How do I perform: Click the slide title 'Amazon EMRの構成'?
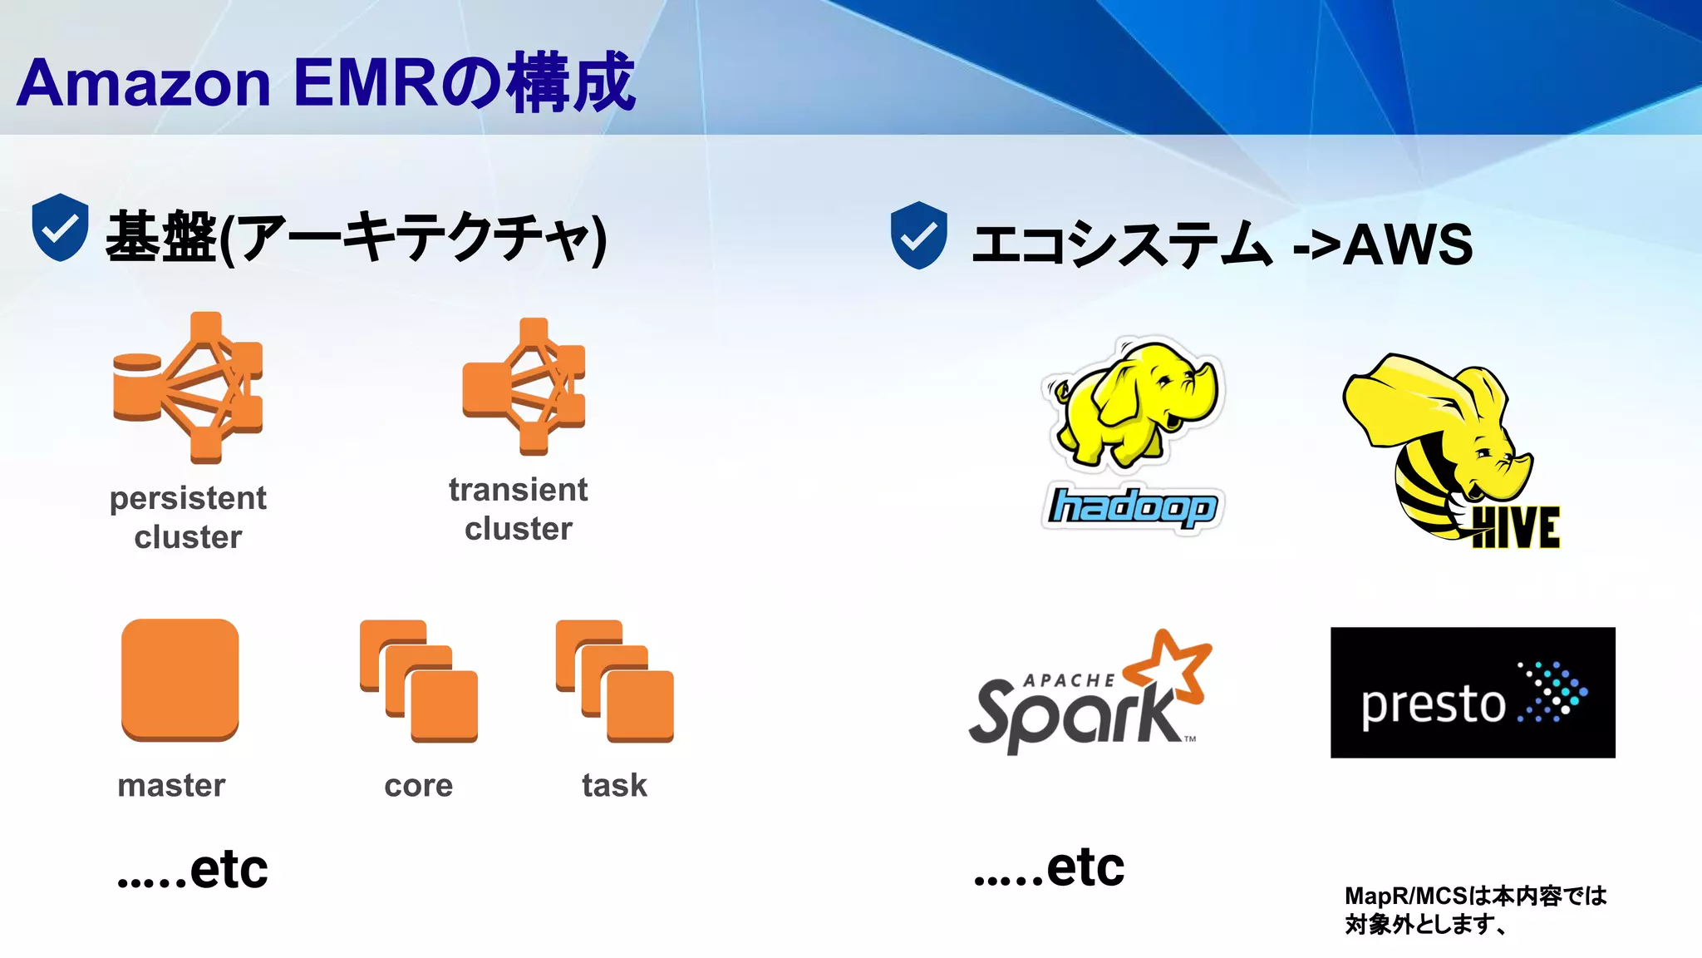(x=326, y=83)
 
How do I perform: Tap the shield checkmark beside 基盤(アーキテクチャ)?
(x=60, y=227)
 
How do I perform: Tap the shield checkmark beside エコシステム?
(x=918, y=235)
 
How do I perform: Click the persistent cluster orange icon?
(x=189, y=388)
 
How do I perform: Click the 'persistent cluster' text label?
(x=188, y=517)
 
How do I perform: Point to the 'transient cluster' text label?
(x=519, y=509)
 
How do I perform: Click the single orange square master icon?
(x=180, y=679)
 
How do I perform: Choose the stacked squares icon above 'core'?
(x=419, y=681)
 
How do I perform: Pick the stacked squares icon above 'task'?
(x=615, y=681)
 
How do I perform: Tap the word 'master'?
(x=171, y=786)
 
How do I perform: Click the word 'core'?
(x=419, y=786)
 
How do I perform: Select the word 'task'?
(x=614, y=786)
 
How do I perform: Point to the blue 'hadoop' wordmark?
(x=1132, y=507)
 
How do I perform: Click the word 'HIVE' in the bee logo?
(x=1515, y=528)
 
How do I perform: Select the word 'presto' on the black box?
(x=1433, y=705)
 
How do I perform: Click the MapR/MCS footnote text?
(x=1474, y=910)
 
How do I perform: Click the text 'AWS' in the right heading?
(x=1408, y=244)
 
